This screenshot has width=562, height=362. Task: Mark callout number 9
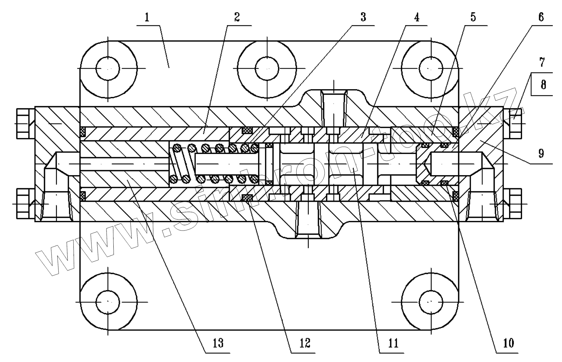click(x=541, y=153)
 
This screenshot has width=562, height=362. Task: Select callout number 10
click(x=508, y=343)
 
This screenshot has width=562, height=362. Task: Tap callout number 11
click(x=394, y=343)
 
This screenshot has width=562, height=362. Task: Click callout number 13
click(x=219, y=343)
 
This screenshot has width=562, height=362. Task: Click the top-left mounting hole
click(x=108, y=68)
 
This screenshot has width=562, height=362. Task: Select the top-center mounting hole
click(x=267, y=68)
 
